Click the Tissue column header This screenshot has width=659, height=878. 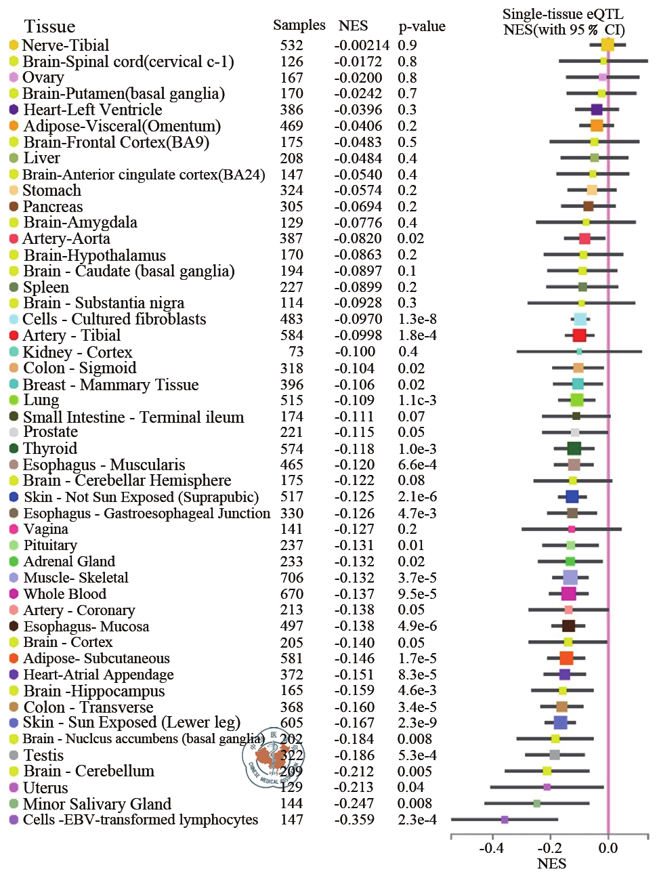tap(49, 26)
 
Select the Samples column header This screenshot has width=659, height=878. tap(299, 25)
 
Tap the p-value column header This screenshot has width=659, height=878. tap(422, 26)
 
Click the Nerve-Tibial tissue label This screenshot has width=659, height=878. tap(66, 45)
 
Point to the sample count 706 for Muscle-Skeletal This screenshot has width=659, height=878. tap(292, 578)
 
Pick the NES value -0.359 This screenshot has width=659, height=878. tap(354, 820)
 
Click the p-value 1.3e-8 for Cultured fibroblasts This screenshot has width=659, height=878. tap(417, 319)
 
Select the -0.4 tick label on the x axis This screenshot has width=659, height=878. tap(492, 848)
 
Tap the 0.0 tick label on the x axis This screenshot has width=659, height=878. tap(608, 848)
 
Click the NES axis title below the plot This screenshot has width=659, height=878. tap(551, 864)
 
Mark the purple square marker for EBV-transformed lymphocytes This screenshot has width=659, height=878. tap(505, 820)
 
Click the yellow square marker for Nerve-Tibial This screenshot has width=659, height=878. tap(608, 45)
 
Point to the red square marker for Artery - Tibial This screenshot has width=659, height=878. tap(579, 335)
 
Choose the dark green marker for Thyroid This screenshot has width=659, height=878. tap(574, 448)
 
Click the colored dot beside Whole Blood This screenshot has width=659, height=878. tap(14, 594)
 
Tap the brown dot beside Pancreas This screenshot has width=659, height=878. tap(14, 207)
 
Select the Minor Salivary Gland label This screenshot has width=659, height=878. tap(97, 804)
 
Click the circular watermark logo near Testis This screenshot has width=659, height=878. tap(273, 759)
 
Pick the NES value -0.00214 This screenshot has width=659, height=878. tap(362, 45)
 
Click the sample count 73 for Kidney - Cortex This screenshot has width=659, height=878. tap(296, 352)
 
